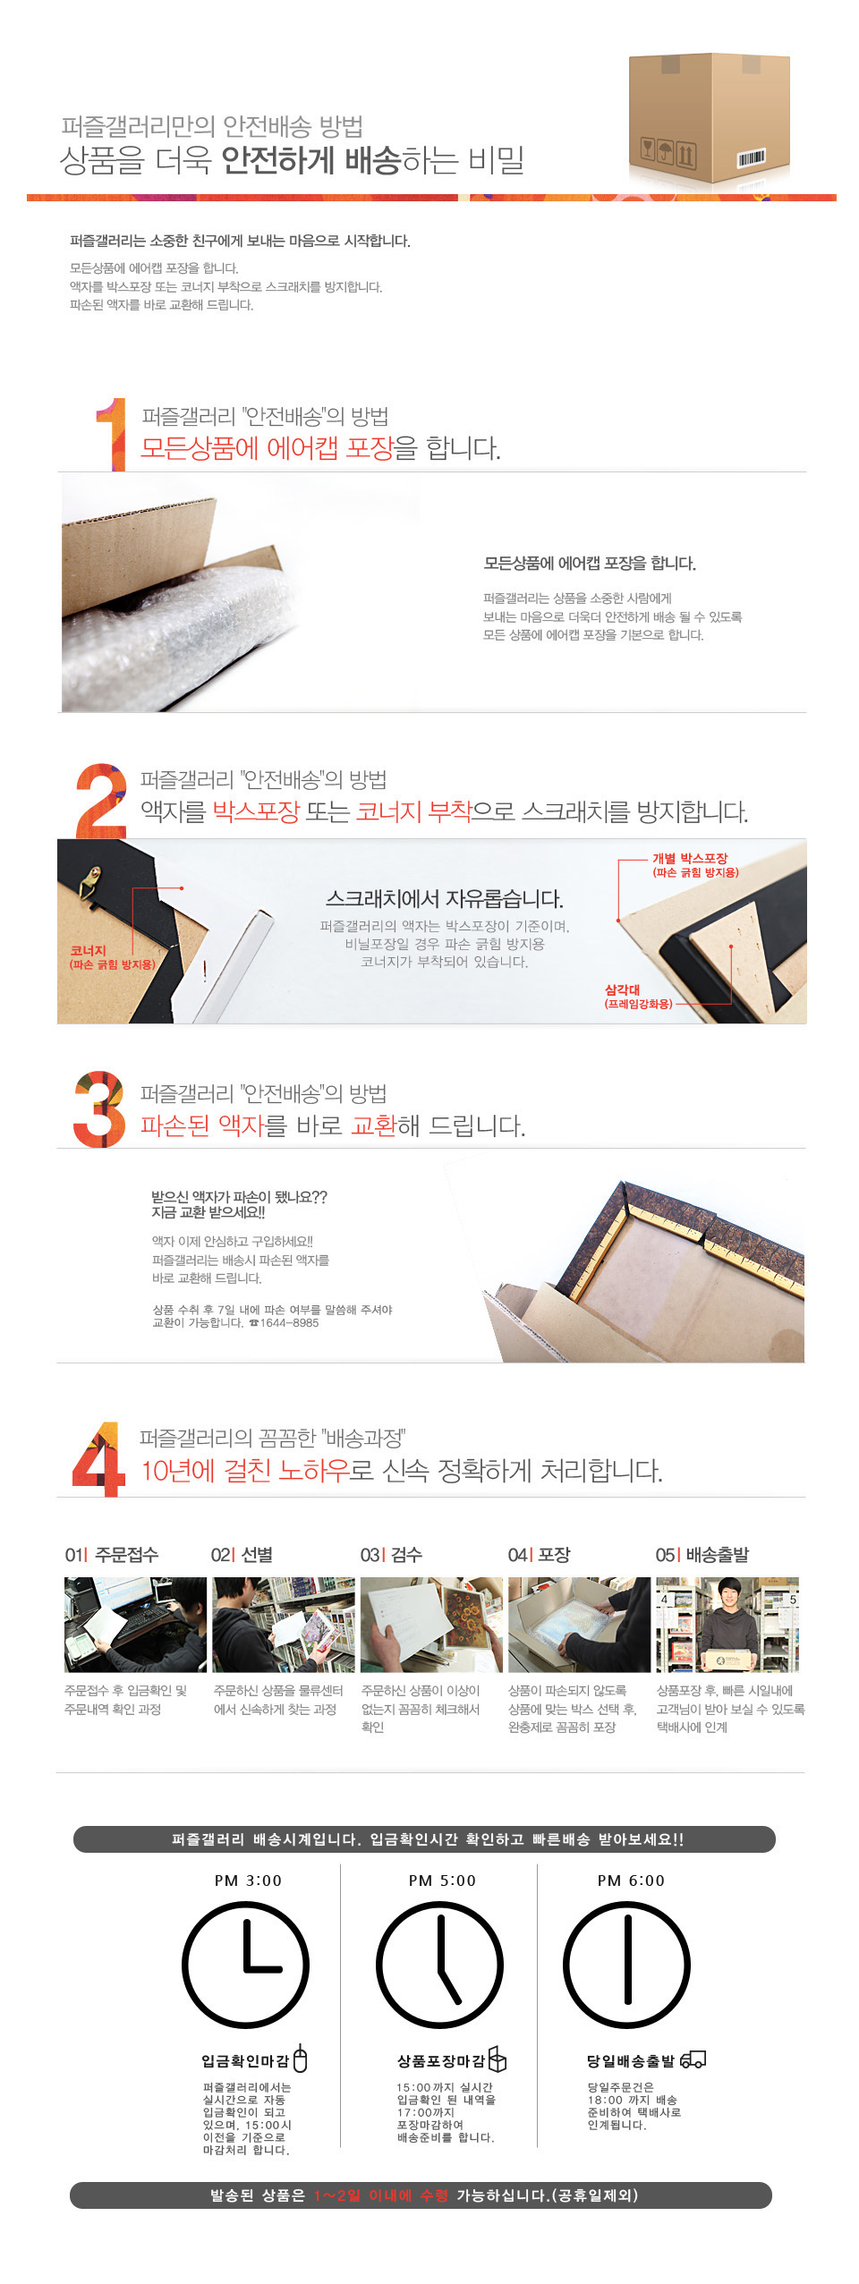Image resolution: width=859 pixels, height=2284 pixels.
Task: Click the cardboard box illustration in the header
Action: [708, 116]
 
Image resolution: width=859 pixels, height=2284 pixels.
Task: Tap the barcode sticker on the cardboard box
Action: [751, 158]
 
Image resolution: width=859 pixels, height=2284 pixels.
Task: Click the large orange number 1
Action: [111, 434]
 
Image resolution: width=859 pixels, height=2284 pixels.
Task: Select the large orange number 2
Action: [101, 799]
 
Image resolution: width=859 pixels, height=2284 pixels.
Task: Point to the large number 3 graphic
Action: [98, 1108]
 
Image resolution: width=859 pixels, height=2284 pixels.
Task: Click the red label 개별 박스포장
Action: [691, 858]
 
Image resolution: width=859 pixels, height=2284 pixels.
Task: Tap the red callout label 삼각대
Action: [623, 989]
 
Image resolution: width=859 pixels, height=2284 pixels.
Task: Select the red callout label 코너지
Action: [89, 950]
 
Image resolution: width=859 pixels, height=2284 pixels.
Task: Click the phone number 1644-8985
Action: [288, 1323]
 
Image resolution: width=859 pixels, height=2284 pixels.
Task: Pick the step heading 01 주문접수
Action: [112, 1555]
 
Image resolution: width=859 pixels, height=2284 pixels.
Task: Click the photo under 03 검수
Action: [430, 1624]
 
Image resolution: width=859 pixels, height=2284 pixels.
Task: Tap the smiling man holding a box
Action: [727, 1624]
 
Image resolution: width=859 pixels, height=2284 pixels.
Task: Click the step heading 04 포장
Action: [540, 1555]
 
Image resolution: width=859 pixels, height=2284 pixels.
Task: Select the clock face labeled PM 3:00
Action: [245, 1966]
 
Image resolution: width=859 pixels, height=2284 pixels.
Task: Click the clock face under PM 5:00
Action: [439, 1966]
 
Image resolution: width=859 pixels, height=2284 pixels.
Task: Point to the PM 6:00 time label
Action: [631, 1881]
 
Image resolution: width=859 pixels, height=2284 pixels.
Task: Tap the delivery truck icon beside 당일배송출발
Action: [693, 2060]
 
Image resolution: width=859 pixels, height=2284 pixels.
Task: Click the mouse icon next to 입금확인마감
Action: [301, 2059]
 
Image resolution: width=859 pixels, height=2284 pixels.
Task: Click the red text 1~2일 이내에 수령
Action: [381, 2195]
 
